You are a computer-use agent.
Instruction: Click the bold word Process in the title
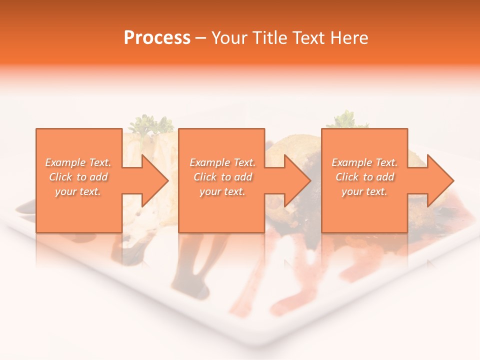click(x=157, y=38)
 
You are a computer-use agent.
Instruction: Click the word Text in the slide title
click(x=308, y=38)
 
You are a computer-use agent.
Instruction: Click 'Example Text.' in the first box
click(x=78, y=162)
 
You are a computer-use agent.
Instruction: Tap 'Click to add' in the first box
click(x=78, y=177)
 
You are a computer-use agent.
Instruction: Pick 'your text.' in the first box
click(x=78, y=191)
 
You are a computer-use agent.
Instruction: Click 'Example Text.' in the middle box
click(x=222, y=162)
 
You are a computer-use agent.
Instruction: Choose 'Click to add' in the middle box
click(x=222, y=177)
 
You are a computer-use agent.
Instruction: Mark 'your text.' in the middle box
click(x=222, y=191)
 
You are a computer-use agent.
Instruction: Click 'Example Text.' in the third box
click(x=364, y=162)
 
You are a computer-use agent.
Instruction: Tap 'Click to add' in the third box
click(x=364, y=177)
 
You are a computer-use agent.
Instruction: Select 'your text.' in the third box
click(x=364, y=191)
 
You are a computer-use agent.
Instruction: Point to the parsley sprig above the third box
click(x=345, y=119)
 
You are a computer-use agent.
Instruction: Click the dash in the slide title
click(x=200, y=38)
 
